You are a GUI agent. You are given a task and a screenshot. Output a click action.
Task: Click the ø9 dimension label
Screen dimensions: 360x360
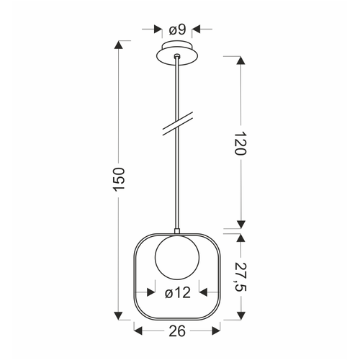point(177,30)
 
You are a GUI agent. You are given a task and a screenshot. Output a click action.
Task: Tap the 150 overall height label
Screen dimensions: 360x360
point(119,179)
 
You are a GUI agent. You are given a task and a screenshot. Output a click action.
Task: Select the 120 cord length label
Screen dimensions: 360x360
point(240,143)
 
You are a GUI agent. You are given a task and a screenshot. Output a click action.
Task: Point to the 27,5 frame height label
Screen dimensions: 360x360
point(240,276)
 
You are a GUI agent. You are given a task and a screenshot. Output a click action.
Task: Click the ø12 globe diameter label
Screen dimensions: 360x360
point(178,293)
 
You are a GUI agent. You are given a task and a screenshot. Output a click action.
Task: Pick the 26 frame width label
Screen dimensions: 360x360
point(177,331)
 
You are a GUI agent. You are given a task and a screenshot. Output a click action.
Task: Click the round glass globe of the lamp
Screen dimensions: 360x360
point(177,258)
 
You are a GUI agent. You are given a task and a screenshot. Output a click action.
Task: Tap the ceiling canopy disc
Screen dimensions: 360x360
point(177,54)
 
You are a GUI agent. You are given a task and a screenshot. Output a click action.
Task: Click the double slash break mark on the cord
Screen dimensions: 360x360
point(178,124)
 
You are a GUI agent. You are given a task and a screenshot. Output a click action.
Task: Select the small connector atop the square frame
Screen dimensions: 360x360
point(177,231)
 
